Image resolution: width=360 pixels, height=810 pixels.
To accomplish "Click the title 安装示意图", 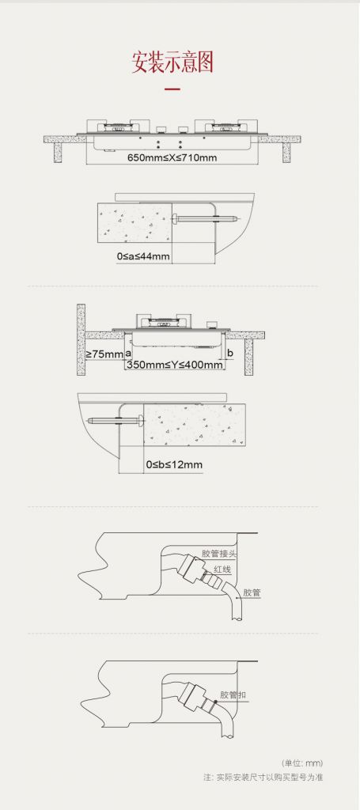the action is tap(172, 62).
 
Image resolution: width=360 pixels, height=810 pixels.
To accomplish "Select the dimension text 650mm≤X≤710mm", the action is tap(172, 157).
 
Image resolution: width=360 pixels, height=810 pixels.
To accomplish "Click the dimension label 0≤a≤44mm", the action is tap(143, 255).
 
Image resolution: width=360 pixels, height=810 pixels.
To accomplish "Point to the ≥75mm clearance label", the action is tap(104, 354).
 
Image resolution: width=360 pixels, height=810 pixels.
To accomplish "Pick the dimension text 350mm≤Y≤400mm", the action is tap(175, 365).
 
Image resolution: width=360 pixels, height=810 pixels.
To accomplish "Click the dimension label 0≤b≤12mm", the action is tap(174, 464).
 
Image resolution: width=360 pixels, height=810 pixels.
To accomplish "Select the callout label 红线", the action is tap(222, 570).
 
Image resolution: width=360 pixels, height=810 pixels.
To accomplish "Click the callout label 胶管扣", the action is tap(233, 695).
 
